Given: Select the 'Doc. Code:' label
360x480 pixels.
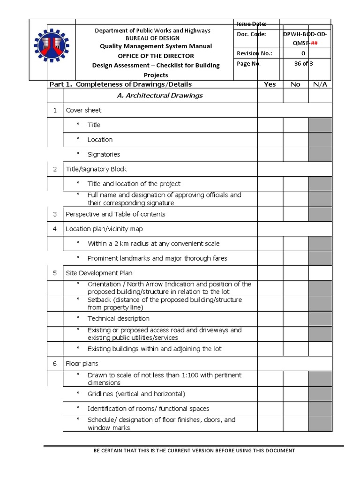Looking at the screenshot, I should coord(251,34).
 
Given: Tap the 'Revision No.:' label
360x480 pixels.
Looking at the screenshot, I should coord(255,53).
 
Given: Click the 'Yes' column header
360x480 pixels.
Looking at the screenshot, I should coord(270,84).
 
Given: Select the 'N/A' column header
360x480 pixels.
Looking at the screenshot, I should coord(320,84).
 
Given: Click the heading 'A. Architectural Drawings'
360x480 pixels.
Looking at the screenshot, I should coord(160,95).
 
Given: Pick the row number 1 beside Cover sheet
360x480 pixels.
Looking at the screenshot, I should coord(55,110).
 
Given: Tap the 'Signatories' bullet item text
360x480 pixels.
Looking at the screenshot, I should coord(104,154).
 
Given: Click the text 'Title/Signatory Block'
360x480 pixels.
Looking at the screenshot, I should coord(96,169).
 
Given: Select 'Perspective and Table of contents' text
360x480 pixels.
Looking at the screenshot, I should coord(115,214).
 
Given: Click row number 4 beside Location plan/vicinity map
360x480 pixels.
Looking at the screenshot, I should coord(55,229).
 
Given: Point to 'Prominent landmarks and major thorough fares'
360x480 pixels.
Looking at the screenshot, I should coord(157,258).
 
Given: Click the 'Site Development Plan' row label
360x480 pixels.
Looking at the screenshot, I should coord(99,273).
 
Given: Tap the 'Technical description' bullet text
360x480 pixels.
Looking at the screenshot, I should coord(118,318).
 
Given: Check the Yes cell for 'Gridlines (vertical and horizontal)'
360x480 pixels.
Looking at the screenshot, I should coord(270,394).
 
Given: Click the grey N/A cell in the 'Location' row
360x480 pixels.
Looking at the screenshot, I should coord(320,139).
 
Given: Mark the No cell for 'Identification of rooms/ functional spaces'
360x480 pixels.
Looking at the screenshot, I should coord(295,408).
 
